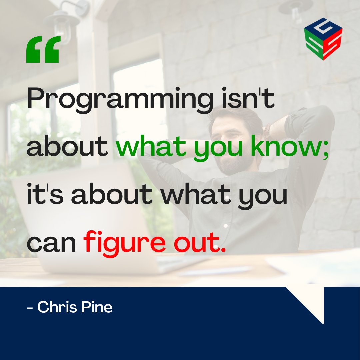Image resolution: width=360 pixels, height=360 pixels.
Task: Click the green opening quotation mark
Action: click(x=43, y=50)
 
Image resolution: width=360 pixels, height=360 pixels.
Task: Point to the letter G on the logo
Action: click(x=323, y=28)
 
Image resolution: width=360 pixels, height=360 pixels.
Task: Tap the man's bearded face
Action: click(x=233, y=147)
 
